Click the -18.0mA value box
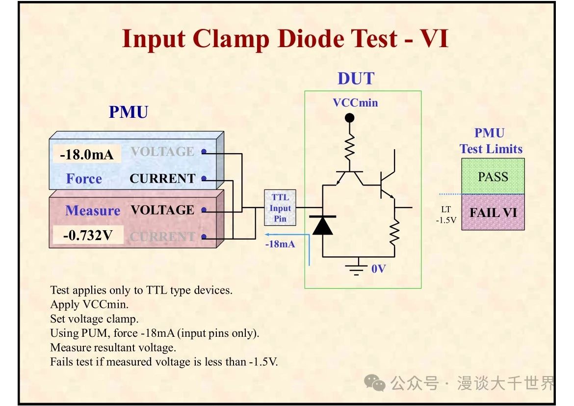(87, 155)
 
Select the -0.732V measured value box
(88, 235)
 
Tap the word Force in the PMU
(84, 179)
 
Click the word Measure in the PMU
(93, 211)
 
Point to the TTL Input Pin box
(280, 208)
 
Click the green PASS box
(493, 176)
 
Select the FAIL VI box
(493, 213)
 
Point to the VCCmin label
(355, 103)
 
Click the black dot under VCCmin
(349, 118)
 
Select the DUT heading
(356, 79)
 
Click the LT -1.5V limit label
(445, 215)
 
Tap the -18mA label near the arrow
(280, 244)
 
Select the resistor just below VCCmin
(349, 147)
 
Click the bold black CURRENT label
(162, 179)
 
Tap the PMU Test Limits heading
(491, 141)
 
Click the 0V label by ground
(378, 269)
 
